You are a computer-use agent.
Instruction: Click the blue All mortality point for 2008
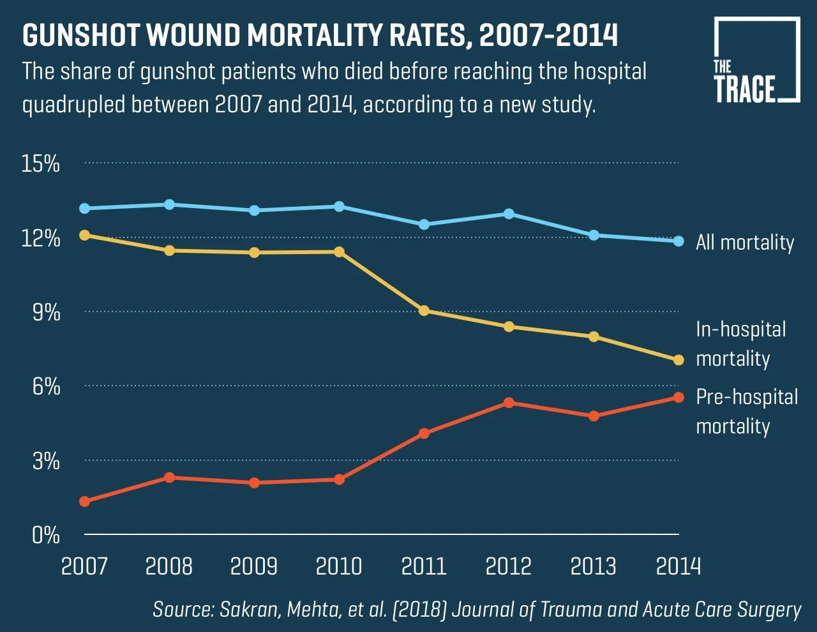click(x=169, y=204)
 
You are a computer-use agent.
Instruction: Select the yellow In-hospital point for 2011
click(x=424, y=311)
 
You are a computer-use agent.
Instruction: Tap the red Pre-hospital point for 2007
click(x=84, y=502)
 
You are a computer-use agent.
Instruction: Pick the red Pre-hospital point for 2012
click(x=509, y=403)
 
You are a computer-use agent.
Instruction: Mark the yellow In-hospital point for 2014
click(x=678, y=360)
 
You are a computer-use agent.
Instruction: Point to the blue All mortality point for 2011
click(x=424, y=225)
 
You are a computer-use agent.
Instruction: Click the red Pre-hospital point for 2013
click(x=594, y=416)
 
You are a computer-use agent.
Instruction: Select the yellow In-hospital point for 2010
click(x=339, y=252)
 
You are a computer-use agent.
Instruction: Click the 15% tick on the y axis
click(x=40, y=163)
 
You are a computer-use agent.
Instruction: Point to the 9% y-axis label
click(x=46, y=312)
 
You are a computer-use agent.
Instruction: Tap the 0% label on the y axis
click(x=46, y=534)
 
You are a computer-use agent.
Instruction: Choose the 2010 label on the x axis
click(x=339, y=566)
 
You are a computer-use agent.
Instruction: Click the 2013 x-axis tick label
click(x=594, y=566)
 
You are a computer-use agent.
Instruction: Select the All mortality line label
click(x=744, y=243)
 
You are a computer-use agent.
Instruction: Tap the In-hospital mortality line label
click(x=740, y=343)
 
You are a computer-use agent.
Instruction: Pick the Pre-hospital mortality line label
click(x=746, y=411)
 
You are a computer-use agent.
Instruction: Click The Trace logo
click(x=756, y=61)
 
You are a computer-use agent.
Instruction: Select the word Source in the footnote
click(x=182, y=609)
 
